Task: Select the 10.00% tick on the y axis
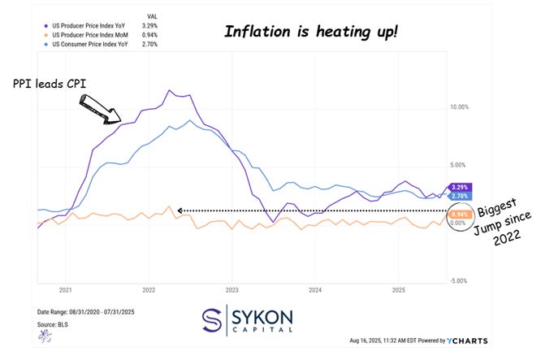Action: [x=459, y=106]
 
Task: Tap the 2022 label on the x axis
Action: [x=149, y=289]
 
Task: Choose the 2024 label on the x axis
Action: [x=315, y=289]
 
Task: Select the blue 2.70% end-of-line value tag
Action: [x=459, y=197]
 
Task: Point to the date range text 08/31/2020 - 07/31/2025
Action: [x=81, y=313]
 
